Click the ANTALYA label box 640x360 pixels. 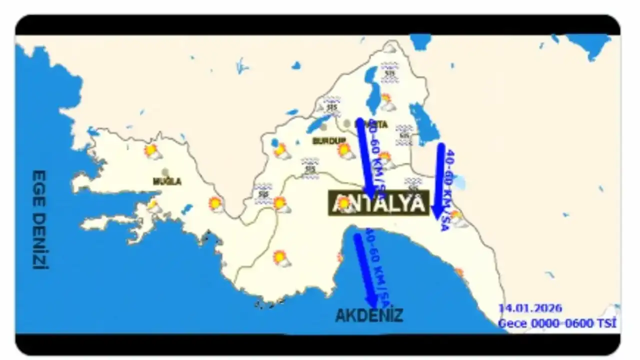378,203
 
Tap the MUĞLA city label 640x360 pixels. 167,181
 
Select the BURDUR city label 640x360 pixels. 329,141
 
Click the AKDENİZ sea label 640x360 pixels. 368,315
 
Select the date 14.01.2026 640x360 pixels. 530,308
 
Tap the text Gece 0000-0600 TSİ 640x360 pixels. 557,323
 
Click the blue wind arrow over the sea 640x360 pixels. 364,270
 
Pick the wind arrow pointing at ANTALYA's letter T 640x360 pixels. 365,157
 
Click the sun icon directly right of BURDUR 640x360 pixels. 345,150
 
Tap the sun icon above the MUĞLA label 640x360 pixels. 152,151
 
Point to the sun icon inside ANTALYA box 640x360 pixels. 344,203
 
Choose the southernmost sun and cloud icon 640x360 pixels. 281,258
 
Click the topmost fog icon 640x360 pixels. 389,72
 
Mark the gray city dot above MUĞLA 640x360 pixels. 165,172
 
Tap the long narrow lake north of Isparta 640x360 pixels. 372,90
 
